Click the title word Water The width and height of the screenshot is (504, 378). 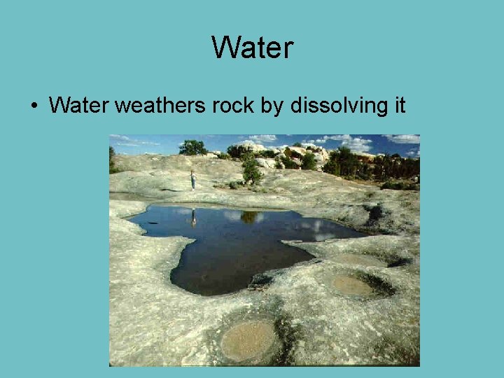252,48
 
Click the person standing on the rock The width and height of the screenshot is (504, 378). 193,180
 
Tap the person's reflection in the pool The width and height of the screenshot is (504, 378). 194,218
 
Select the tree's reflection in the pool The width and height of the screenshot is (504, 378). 248,217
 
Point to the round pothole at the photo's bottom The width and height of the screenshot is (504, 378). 248,341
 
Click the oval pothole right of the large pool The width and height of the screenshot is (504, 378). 351,285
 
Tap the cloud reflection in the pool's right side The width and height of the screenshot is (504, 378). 322,225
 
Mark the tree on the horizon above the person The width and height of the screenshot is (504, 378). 192,148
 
